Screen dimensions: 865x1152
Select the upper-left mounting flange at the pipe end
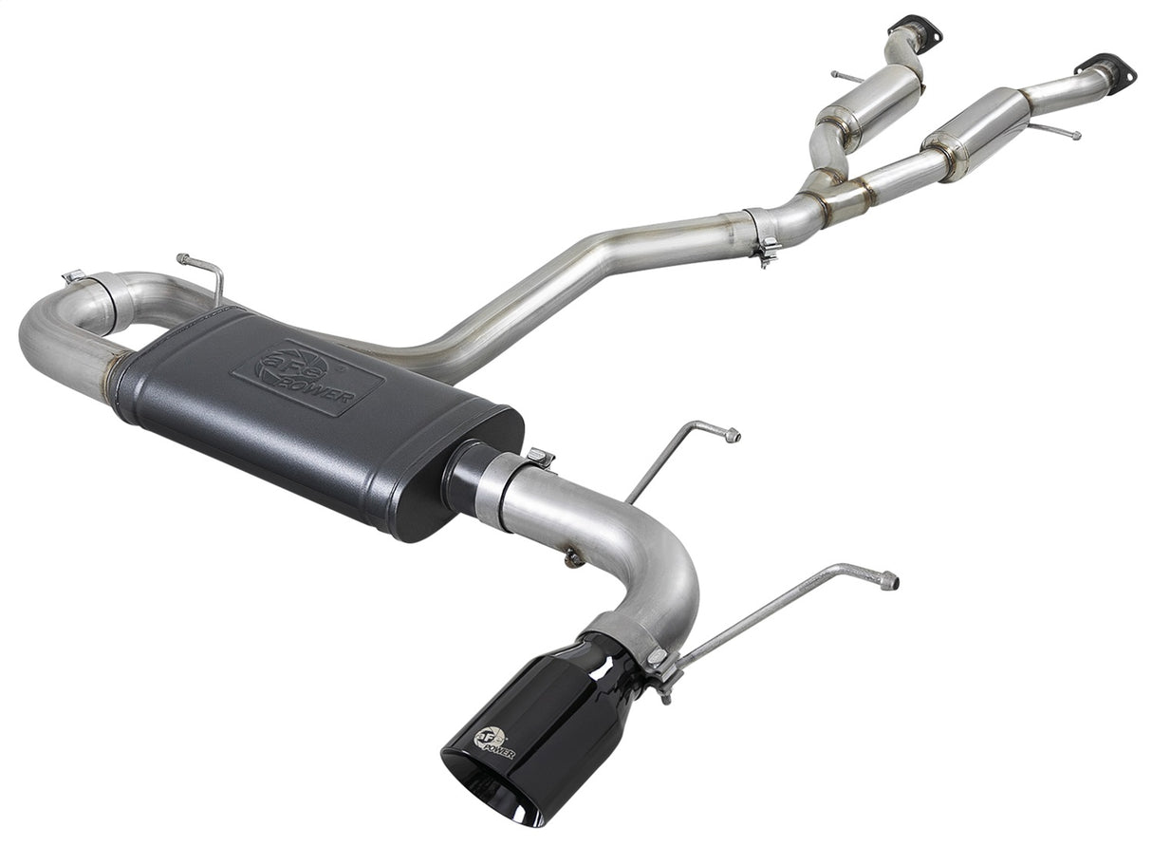click(916, 28)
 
